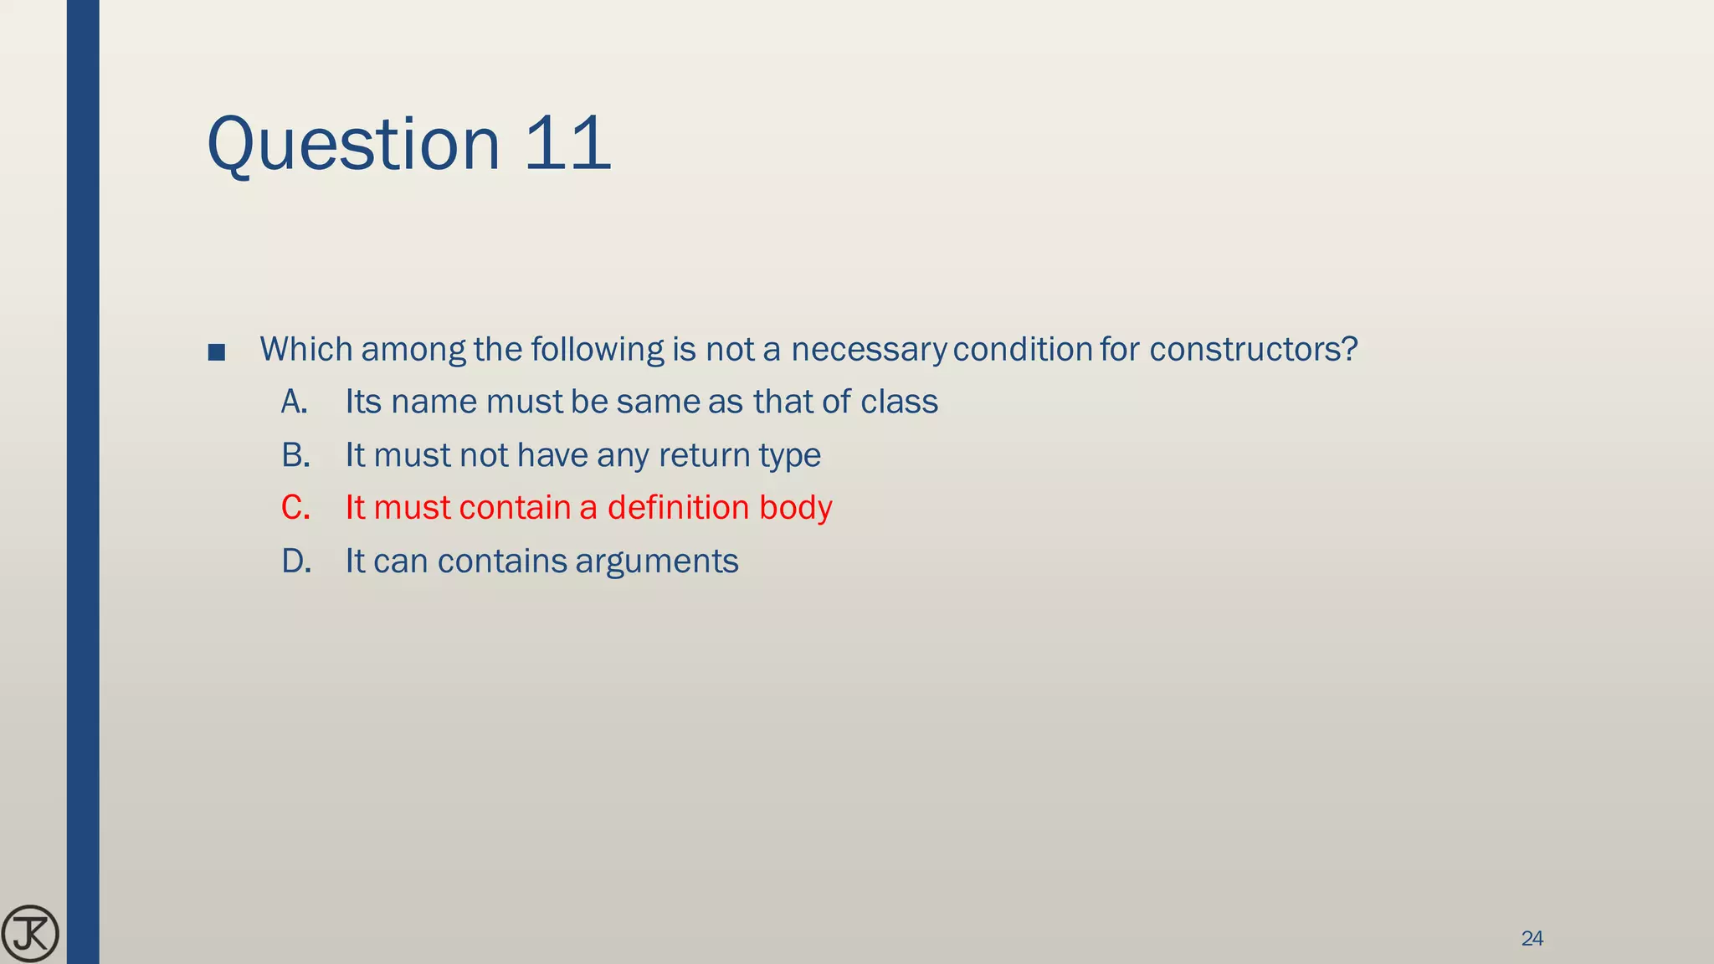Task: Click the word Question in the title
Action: [x=353, y=144]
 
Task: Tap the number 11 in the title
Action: [x=568, y=144]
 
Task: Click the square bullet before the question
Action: [x=217, y=352]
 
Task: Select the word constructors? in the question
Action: [x=1253, y=350]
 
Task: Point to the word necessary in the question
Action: [x=869, y=350]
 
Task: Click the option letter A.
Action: [x=295, y=403]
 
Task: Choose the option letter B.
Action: [x=295, y=455]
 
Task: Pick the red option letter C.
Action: [x=295, y=508]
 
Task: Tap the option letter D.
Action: [x=296, y=561]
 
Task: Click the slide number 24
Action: [x=1532, y=939]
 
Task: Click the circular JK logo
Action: [x=30, y=933]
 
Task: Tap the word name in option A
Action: [x=434, y=403]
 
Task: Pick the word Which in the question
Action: [x=306, y=350]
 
